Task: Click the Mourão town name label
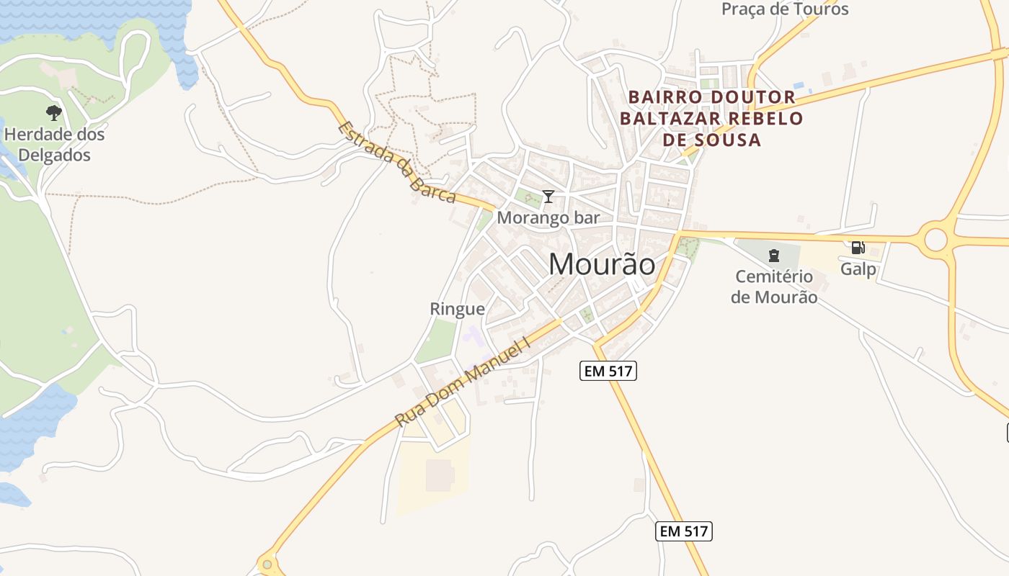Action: pos(602,264)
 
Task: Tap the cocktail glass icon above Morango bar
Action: pos(548,196)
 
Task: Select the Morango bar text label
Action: pos(548,217)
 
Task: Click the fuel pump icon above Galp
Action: pos(858,248)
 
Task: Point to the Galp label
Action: pos(858,269)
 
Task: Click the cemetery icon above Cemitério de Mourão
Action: pos(774,255)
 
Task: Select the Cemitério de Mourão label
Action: pos(774,287)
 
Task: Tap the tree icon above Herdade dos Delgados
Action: pos(53,112)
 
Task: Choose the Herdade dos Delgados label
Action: pos(55,145)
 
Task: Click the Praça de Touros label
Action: pos(785,9)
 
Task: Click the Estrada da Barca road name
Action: pos(396,163)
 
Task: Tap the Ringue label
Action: pos(457,309)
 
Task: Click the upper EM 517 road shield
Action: pos(608,371)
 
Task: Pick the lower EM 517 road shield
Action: pos(684,531)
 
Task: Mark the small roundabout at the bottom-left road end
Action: pos(267,564)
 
